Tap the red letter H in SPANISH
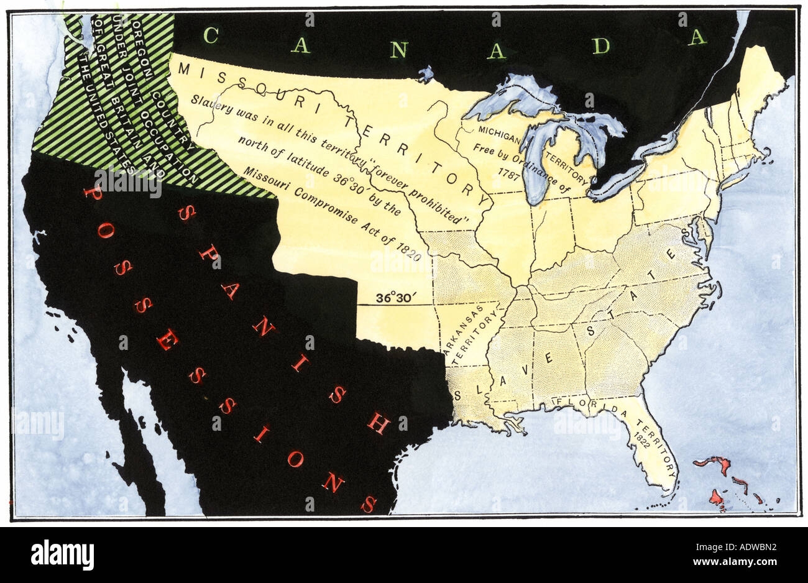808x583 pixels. pyautogui.click(x=377, y=423)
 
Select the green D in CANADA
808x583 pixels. pyautogui.click(x=600, y=45)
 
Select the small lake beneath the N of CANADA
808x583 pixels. pyautogui.click(x=426, y=75)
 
